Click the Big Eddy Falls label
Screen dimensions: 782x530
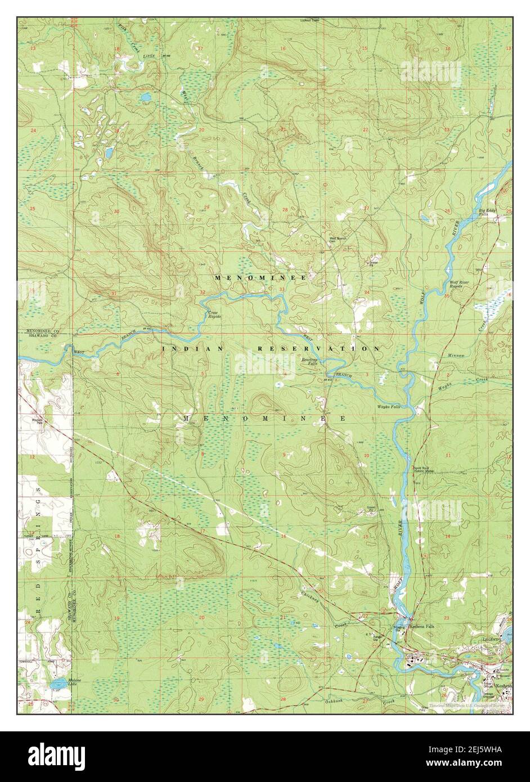487,213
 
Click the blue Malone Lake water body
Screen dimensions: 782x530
57,684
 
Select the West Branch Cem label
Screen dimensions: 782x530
338,240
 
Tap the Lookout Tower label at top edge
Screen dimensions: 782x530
308,20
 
